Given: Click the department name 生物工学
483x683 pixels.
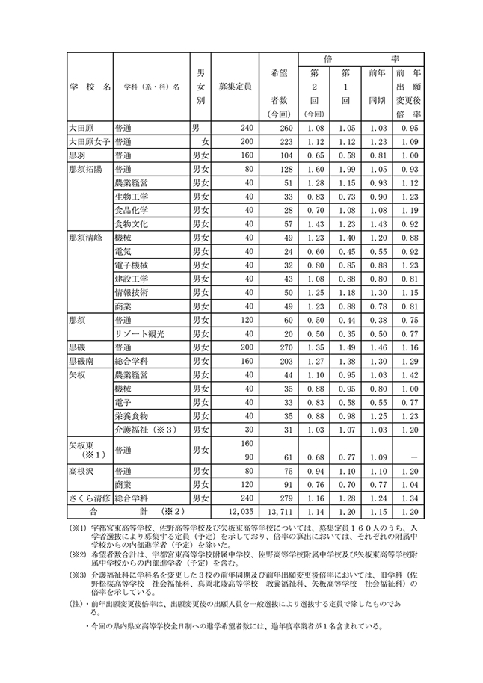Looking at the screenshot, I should (x=131, y=196).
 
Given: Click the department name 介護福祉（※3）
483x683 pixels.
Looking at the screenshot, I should (x=145, y=430).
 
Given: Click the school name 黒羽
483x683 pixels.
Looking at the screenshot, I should (x=77, y=155).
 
